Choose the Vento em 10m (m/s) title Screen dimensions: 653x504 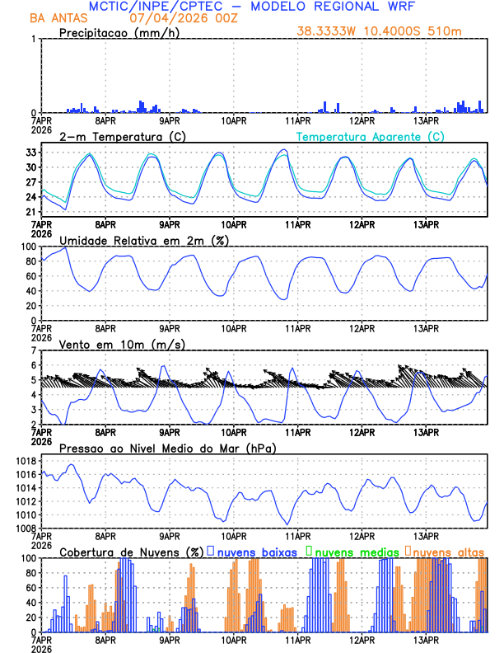tap(122, 344)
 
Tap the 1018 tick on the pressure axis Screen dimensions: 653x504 tap(24, 461)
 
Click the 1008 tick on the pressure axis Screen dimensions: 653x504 tap(24, 528)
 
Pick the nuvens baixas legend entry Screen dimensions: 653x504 tap(258, 552)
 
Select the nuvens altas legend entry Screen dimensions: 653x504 tap(448, 552)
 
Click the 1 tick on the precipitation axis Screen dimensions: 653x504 tap(33, 40)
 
